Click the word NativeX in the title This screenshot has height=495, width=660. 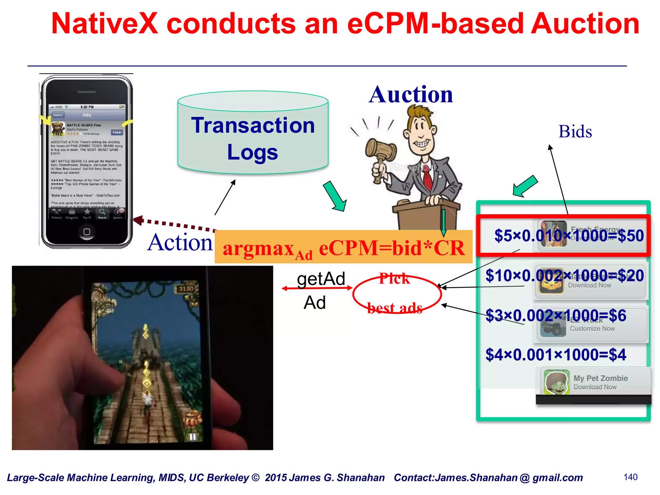[105, 24]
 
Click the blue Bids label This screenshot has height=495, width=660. [575, 131]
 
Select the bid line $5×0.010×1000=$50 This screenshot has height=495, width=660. [569, 236]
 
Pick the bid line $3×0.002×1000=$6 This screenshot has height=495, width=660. [556, 315]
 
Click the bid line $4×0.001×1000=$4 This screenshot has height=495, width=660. [556, 355]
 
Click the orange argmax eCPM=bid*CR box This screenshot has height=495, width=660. [344, 247]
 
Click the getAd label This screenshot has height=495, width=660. [321, 279]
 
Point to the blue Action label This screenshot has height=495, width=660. [180, 242]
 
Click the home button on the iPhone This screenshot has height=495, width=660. [87, 232]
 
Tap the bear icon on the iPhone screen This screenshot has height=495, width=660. [58, 128]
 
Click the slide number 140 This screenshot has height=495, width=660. [630, 477]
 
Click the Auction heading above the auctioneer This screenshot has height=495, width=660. [411, 95]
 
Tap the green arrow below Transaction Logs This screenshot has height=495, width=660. [335, 196]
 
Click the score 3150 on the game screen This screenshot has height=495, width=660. [187, 289]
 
